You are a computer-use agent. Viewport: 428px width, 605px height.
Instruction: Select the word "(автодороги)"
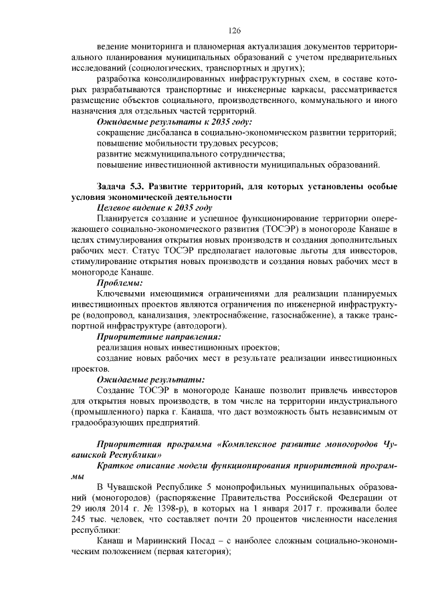[x=201, y=326]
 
